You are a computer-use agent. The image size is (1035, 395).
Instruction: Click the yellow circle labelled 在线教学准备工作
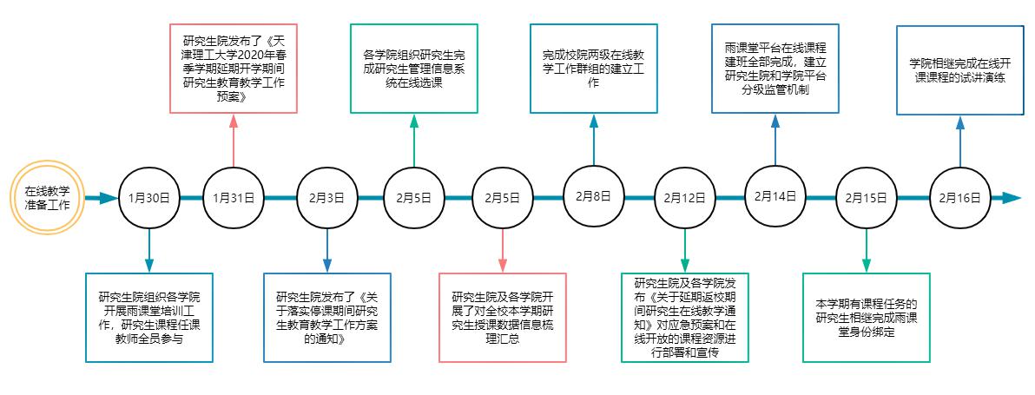(48, 198)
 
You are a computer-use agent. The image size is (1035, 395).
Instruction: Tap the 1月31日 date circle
(234, 198)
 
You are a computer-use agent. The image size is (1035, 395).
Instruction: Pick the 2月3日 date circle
(326, 198)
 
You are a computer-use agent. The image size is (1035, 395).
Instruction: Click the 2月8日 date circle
(594, 196)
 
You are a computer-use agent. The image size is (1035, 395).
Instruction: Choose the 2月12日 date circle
(685, 198)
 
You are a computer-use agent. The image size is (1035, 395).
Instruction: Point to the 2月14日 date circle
(775, 196)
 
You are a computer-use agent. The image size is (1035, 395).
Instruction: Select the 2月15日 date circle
(866, 198)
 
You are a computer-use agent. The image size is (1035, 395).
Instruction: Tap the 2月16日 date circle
(959, 198)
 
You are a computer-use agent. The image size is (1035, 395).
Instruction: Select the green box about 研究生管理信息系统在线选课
(414, 69)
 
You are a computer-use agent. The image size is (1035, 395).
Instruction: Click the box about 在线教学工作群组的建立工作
(594, 69)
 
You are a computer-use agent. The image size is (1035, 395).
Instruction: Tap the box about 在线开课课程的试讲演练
(959, 69)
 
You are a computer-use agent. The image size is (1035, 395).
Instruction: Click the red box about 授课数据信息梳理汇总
(504, 317)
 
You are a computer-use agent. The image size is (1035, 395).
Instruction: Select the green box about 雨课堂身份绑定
(866, 317)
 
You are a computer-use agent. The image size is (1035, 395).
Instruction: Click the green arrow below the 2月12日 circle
(685, 251)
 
